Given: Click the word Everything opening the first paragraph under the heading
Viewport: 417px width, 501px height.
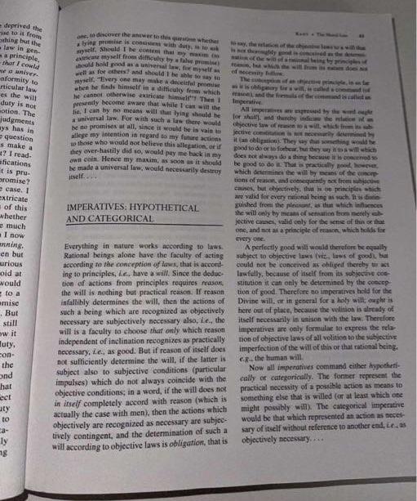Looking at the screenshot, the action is pos(86,245).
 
